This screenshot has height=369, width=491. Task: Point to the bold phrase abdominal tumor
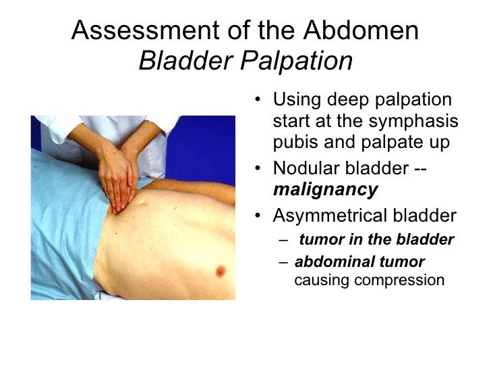click(360, 262)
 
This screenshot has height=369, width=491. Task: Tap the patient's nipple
click(219, 272)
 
